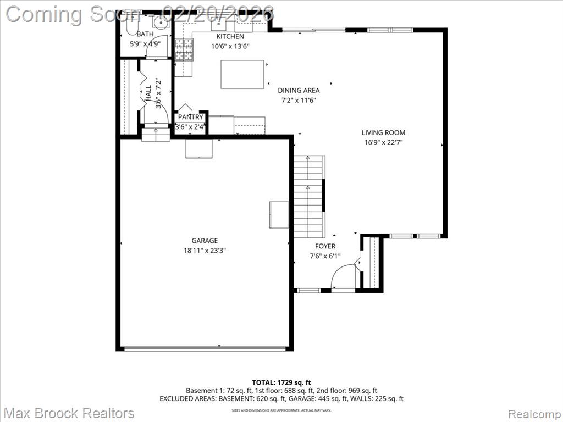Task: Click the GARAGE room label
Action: click(205, 240)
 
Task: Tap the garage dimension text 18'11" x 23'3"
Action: click(205, 250)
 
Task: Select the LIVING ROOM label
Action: click(383, 132)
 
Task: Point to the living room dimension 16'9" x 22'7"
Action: click(383, 142)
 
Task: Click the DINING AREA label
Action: click(298, 91)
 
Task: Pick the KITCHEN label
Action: click(230, 36)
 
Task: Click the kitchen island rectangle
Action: click(243, 74)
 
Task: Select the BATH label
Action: click(145, 34)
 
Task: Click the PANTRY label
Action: click(191, 117)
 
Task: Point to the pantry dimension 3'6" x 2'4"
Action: click(190, 127)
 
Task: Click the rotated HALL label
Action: click(148, 93)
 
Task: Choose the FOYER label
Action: click(325, 246)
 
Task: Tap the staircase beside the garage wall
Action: click(308, 196)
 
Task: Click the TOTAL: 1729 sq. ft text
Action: click(281, 382)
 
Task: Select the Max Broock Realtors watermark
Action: click(69, 413)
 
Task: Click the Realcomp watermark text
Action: click(533, 413)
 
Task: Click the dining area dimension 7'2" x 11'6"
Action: click(298, 101)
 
